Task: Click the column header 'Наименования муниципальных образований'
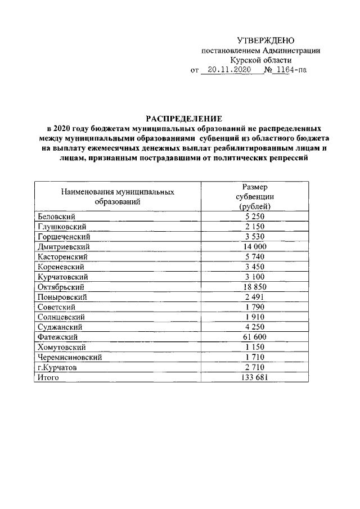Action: tap(118, 196)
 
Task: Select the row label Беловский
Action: tap(56, 216)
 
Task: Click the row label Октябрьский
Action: tap(61, 287)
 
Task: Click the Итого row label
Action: tap(48, 377)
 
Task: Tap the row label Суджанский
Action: tap(60, 327)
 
